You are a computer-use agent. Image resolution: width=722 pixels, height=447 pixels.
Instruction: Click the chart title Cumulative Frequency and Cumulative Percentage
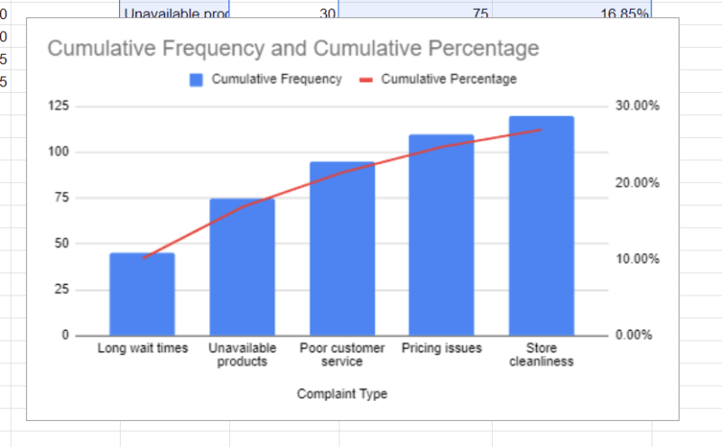point(292,48)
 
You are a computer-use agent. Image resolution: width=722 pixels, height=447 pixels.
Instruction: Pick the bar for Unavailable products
point(242,267)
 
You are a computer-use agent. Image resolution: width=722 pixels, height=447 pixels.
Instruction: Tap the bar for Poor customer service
point(341,249)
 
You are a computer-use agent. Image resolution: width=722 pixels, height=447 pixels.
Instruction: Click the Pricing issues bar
point(441,235)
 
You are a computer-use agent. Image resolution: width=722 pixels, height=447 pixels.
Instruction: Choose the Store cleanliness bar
point(541,225)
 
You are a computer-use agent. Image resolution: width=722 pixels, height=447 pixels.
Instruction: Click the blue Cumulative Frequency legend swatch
point(197,79)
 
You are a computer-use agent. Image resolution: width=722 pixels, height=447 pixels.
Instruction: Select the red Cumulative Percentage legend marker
point(366,79)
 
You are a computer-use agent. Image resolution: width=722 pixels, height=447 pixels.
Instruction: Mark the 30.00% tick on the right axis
point(637,106)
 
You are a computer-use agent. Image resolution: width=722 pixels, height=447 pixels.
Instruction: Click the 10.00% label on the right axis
point(637,259)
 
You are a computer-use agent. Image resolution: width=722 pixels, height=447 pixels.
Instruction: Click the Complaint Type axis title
point(342,394)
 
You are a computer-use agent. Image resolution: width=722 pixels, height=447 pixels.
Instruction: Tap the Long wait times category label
point(143,348)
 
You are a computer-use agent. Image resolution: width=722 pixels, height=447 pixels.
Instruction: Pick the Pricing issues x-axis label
point(441,348)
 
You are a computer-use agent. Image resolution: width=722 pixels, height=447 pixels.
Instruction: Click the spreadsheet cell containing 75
point(415,11)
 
